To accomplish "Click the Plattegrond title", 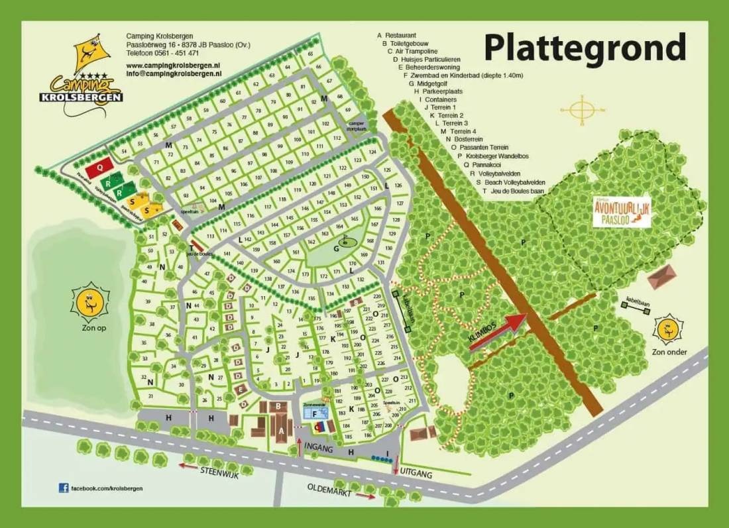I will (585, 48).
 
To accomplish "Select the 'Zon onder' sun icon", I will (667, 330).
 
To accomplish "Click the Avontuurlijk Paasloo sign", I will (622, 213).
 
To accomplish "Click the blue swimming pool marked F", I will (315, 413).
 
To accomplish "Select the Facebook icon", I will (64, 488).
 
